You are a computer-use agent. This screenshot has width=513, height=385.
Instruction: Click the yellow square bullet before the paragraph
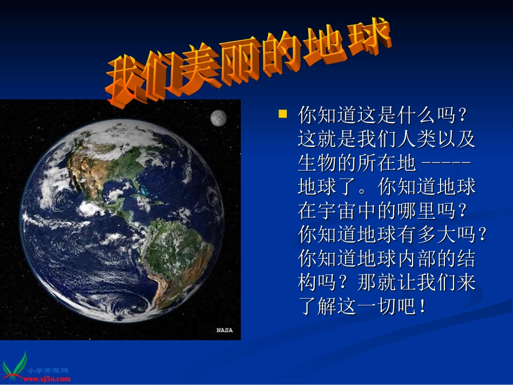coord(282,114)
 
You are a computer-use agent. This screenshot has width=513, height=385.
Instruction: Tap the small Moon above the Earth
coord(218,117)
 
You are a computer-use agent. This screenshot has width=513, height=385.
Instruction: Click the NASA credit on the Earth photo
coord(225,330)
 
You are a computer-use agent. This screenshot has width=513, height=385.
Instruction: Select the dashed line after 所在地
coord(447,163)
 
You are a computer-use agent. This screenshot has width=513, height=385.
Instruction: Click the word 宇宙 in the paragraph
coord(337,211)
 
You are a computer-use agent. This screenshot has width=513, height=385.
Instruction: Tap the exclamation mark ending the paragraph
coord(422,306)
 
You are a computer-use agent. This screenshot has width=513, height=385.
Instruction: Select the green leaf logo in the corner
coord(15,366)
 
